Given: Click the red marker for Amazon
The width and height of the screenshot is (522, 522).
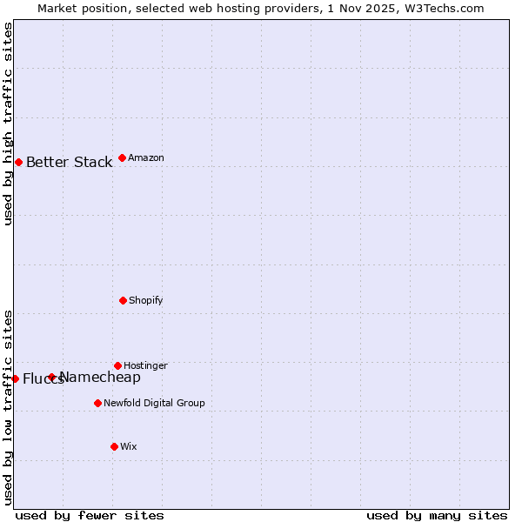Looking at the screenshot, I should click(122, 157).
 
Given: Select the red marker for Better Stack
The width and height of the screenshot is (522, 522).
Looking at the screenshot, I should click(18, 162).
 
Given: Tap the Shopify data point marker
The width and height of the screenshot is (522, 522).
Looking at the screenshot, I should click(123, 300).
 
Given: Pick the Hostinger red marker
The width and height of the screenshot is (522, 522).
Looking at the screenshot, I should click(117, 365).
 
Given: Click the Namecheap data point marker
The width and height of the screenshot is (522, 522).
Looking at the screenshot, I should click(51, 377).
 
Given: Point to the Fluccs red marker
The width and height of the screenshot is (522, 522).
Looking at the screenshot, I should click(15, 378).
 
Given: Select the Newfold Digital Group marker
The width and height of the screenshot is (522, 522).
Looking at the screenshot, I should click(97, 403).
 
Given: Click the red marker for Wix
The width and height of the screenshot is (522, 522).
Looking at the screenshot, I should click(114, 446).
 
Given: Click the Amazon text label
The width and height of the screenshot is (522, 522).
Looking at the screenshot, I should click(146, 158).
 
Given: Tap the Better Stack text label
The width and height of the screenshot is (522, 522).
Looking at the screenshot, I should click(69, 163).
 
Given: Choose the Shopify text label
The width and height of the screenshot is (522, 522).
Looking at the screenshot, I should click(145, 301).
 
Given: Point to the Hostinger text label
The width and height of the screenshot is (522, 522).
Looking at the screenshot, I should click(145, 366).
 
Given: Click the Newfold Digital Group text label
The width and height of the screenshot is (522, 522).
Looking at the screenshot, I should click(154, 404).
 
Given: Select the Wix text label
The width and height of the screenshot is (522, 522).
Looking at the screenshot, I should click(128, 447).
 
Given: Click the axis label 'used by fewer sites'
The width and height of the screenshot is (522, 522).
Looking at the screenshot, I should click(90, 515).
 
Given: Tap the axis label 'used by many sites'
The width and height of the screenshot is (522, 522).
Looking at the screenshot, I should click(437, 515).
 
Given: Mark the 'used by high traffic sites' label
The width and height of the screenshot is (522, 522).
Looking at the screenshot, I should click(8, 124).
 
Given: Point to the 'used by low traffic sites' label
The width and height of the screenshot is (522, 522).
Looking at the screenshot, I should click(8, 406).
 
